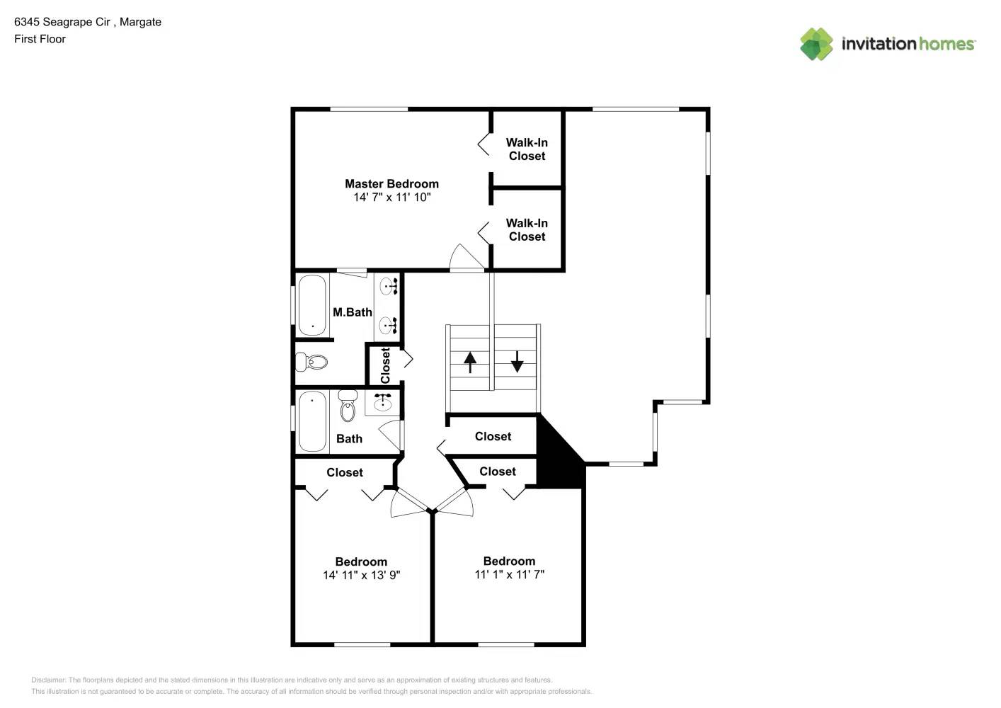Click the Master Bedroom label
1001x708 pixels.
[391, 184]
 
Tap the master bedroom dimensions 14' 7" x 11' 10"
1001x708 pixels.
[391, 198]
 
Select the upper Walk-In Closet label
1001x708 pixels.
[527, 149]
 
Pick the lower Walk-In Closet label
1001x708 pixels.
[527, 230]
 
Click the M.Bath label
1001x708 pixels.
[352, 312]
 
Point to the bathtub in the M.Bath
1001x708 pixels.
[312, 305]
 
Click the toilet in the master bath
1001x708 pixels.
[312, 362]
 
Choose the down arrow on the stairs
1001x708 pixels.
[517, 361]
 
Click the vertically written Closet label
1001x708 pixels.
[385, 365]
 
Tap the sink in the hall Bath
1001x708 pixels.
[382, 402]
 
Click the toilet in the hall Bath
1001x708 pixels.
[348, 406]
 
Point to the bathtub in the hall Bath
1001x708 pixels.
[312, 421]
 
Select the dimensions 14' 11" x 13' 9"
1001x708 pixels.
[361, 576]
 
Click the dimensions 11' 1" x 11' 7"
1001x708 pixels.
[509, 575]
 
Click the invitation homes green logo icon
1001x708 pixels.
[816, 44]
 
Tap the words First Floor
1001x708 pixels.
[40, 39]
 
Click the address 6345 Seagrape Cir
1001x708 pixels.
[62, 22]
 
